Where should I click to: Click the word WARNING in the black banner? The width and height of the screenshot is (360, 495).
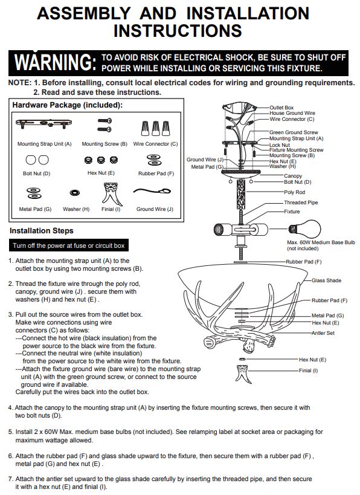(x=55, y=62)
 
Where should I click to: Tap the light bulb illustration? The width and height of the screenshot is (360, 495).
(x=304, y=229)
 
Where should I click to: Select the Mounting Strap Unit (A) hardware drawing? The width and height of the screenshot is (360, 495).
(x=44, y=123)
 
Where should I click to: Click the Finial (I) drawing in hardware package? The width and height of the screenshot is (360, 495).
(x=111, y=193)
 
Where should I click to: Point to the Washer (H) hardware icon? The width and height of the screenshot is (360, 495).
(x=75, y=193)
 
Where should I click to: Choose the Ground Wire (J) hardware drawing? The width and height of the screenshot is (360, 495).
(x=152, y=192)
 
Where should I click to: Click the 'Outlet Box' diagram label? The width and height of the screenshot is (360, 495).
(x=281, y=108)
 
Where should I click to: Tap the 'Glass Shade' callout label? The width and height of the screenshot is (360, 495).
(x=326, y=280)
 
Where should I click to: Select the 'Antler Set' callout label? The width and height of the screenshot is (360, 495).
(x=323, y=333)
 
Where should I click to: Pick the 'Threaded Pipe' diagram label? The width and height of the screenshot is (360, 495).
(x=301, y=202)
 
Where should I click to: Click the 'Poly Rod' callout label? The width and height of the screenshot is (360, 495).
(x=294, y=192)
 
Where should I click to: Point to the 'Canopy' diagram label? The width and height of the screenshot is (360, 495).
(x=293, y=176)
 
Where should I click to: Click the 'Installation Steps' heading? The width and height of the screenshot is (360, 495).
(x=41, y=231)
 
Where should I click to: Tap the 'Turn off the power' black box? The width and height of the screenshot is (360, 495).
(x=69, y=245)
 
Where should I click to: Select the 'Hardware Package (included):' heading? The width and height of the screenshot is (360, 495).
(x=67, y=105)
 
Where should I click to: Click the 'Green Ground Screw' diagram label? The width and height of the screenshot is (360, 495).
(x=294, y=132)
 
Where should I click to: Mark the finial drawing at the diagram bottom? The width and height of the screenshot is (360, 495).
(x=243, y=374)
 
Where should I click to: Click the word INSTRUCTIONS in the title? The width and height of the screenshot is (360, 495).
(x=178, y=31)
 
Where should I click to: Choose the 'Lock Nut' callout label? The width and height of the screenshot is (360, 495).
(x=279, y=145)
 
